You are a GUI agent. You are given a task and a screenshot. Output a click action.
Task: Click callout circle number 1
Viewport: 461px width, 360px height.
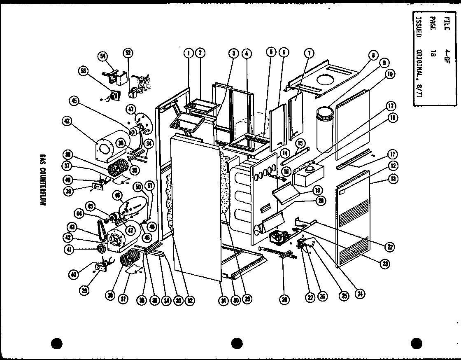(x=189, y=53)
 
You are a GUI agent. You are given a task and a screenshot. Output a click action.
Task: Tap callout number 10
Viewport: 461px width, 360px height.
(x=389, y=74)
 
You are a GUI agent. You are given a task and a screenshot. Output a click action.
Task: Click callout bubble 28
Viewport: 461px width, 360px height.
(x=283, y=300)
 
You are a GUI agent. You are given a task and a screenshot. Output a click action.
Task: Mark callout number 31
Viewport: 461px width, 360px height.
(x=223, y=301)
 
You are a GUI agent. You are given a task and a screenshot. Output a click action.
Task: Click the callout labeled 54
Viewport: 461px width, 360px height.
(x=103, y=55)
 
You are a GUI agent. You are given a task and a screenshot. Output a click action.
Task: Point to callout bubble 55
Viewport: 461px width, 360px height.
(x=84, y=71)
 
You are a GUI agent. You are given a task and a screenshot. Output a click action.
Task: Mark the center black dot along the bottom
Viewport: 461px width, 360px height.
(x=237, y=343)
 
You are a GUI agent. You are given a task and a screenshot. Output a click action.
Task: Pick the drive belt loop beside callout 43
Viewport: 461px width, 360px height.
(x=100, y=229)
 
